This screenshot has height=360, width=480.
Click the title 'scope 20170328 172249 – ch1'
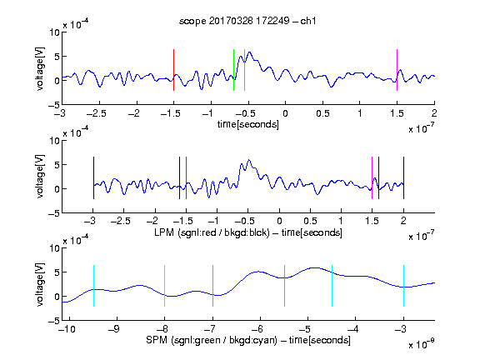pyautogui.click(x=247, y=21)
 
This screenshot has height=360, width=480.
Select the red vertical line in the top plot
pyautogui.click(x=173, y=70)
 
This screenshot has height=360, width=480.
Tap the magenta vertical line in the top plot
pyautogui.click(x=397, y=70)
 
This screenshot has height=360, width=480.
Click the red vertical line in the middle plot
pyautogui.click(x=186, y=177)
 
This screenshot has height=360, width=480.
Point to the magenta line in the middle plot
pyautogui.click(x=372, y=177)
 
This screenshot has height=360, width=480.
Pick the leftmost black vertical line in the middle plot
pyautogui.click(x=93, y=177)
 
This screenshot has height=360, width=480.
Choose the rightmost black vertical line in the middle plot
pyautogui.click(x=403, y=177)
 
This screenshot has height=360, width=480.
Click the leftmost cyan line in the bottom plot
pyautogui.click(x=93, y=286)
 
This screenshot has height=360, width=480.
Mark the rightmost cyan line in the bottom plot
pyautogui.click(x=403, y=286)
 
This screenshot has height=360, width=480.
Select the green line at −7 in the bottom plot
pyautogui.click(x=212, y=286)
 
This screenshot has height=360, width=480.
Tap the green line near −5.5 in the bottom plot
pyautogui.click(x=284, y=286)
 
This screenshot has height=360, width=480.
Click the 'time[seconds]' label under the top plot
pyautogui.click(x=248, y=124)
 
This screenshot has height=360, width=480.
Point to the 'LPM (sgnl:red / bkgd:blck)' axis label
pyautogui.click(x=212, y=232)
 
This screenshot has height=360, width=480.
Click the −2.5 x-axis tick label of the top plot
pyautogui.click(x=97, y=113)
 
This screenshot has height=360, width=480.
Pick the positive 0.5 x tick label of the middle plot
pyautogui.click(x=310, y=221)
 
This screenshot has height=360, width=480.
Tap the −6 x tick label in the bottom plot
pyautogui.click(x=260, y=329)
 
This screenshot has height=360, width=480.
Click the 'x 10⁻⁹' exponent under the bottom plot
pyautogui.click(x=421, y=344)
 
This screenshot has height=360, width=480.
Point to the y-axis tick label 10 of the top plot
pyautogui.click(x=54, y=32)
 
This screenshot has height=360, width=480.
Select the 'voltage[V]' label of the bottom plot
pyautogui.click(x=40, y=284)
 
